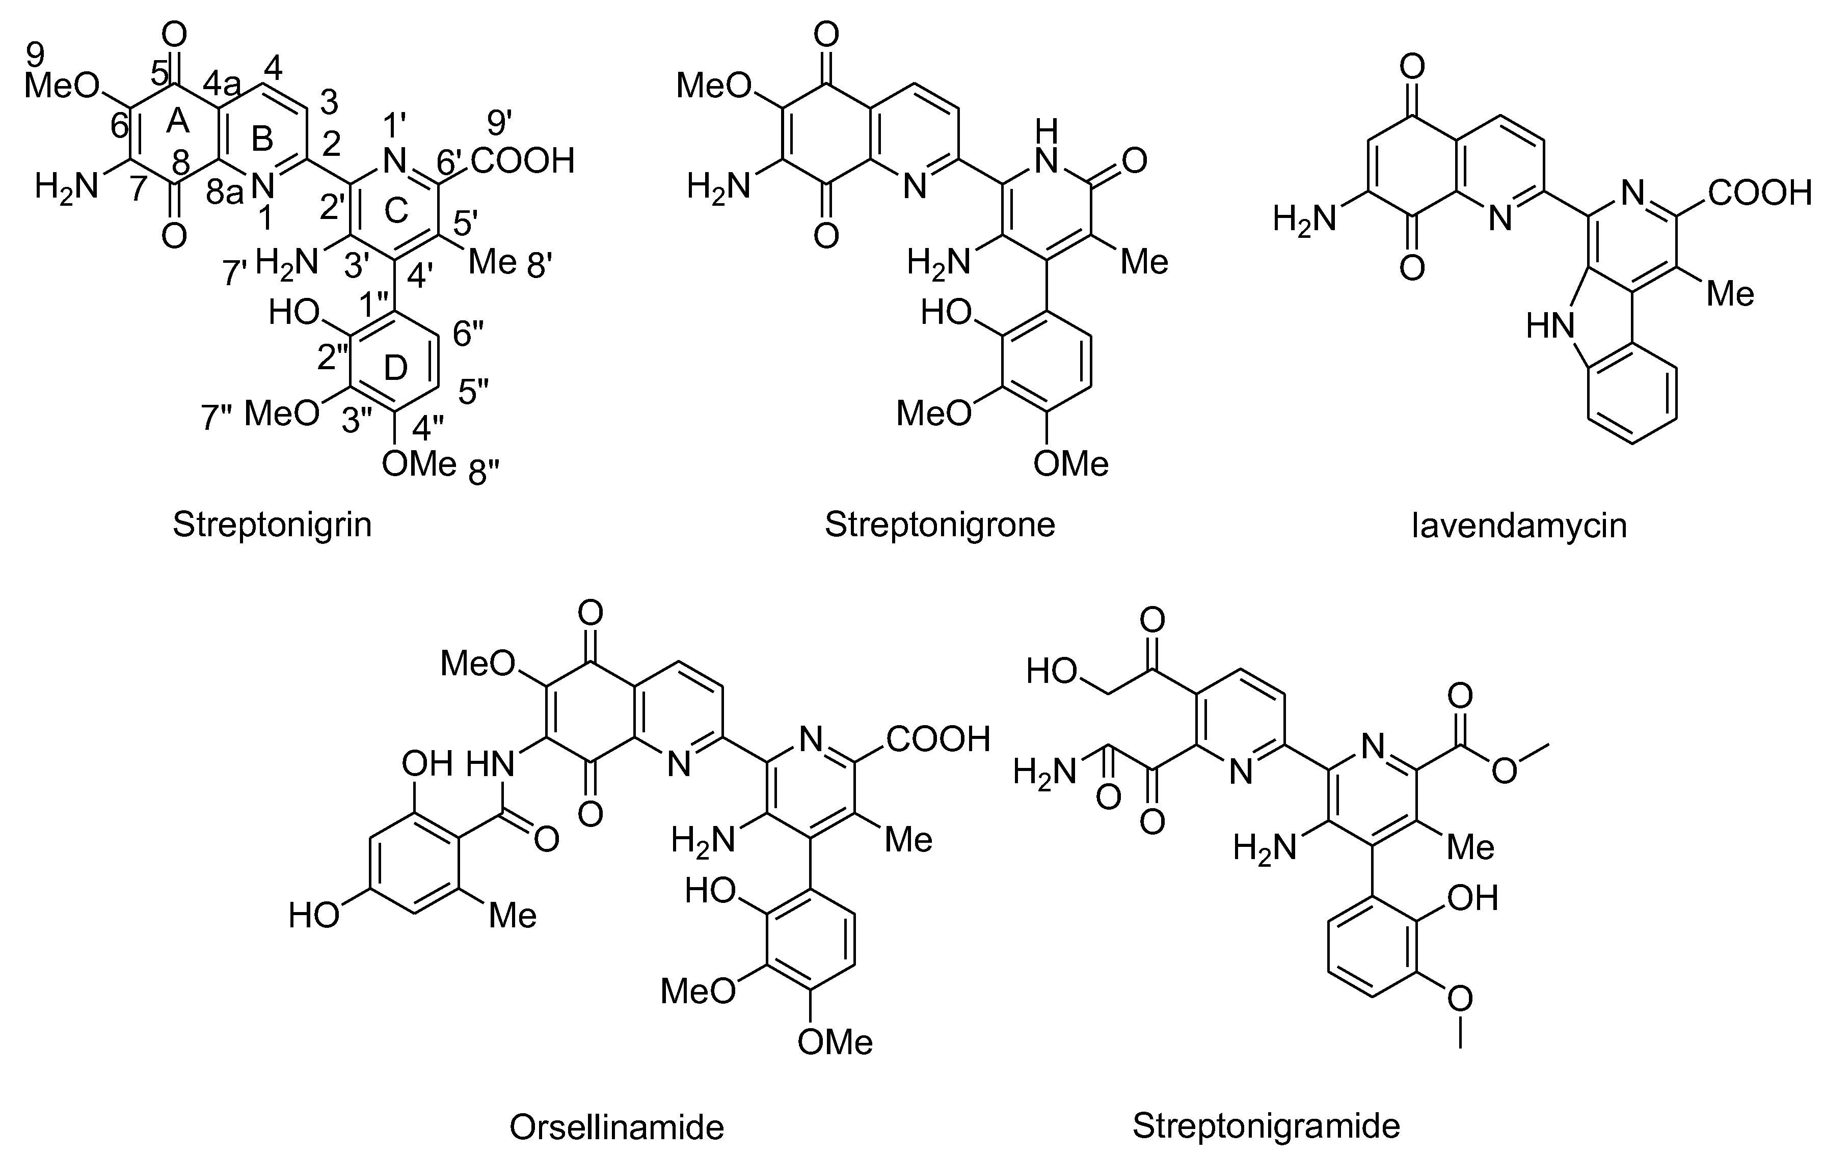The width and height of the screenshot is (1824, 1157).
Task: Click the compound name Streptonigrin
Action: point(272,525)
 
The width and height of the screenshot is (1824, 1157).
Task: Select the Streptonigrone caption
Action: point(940,525)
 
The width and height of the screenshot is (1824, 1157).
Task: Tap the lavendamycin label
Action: point(1519,525)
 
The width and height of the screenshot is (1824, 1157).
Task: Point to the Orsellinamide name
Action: point(616,1127)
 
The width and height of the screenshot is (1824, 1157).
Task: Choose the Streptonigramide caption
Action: point(1266,1125)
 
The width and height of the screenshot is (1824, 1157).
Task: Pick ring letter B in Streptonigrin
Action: point(261,139)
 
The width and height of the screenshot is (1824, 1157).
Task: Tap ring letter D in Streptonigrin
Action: point(395,368)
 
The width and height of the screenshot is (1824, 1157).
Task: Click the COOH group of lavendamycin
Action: point(1759,194)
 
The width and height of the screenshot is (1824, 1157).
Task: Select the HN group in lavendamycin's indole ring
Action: point(1550,327)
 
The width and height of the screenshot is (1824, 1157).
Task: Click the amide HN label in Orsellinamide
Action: point(490,764)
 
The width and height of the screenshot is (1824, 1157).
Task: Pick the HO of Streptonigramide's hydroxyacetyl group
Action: point(1052,671)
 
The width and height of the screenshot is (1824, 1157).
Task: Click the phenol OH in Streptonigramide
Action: point(1472,898)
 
